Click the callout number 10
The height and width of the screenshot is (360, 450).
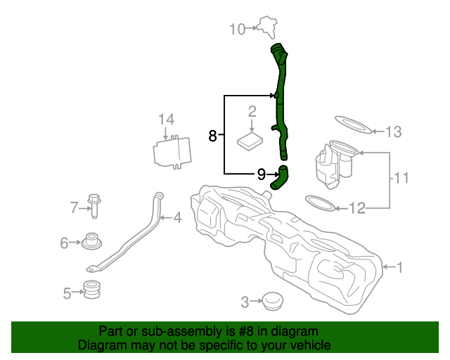237,29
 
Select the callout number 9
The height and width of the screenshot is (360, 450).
261,174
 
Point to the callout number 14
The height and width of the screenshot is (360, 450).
165,119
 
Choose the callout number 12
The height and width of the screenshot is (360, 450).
358,208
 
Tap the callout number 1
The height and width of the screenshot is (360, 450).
400,267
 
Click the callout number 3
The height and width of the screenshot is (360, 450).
245,302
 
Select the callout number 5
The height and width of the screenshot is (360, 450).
67,293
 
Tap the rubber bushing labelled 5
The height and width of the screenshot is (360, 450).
93,289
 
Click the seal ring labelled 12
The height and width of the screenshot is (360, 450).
320,205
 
